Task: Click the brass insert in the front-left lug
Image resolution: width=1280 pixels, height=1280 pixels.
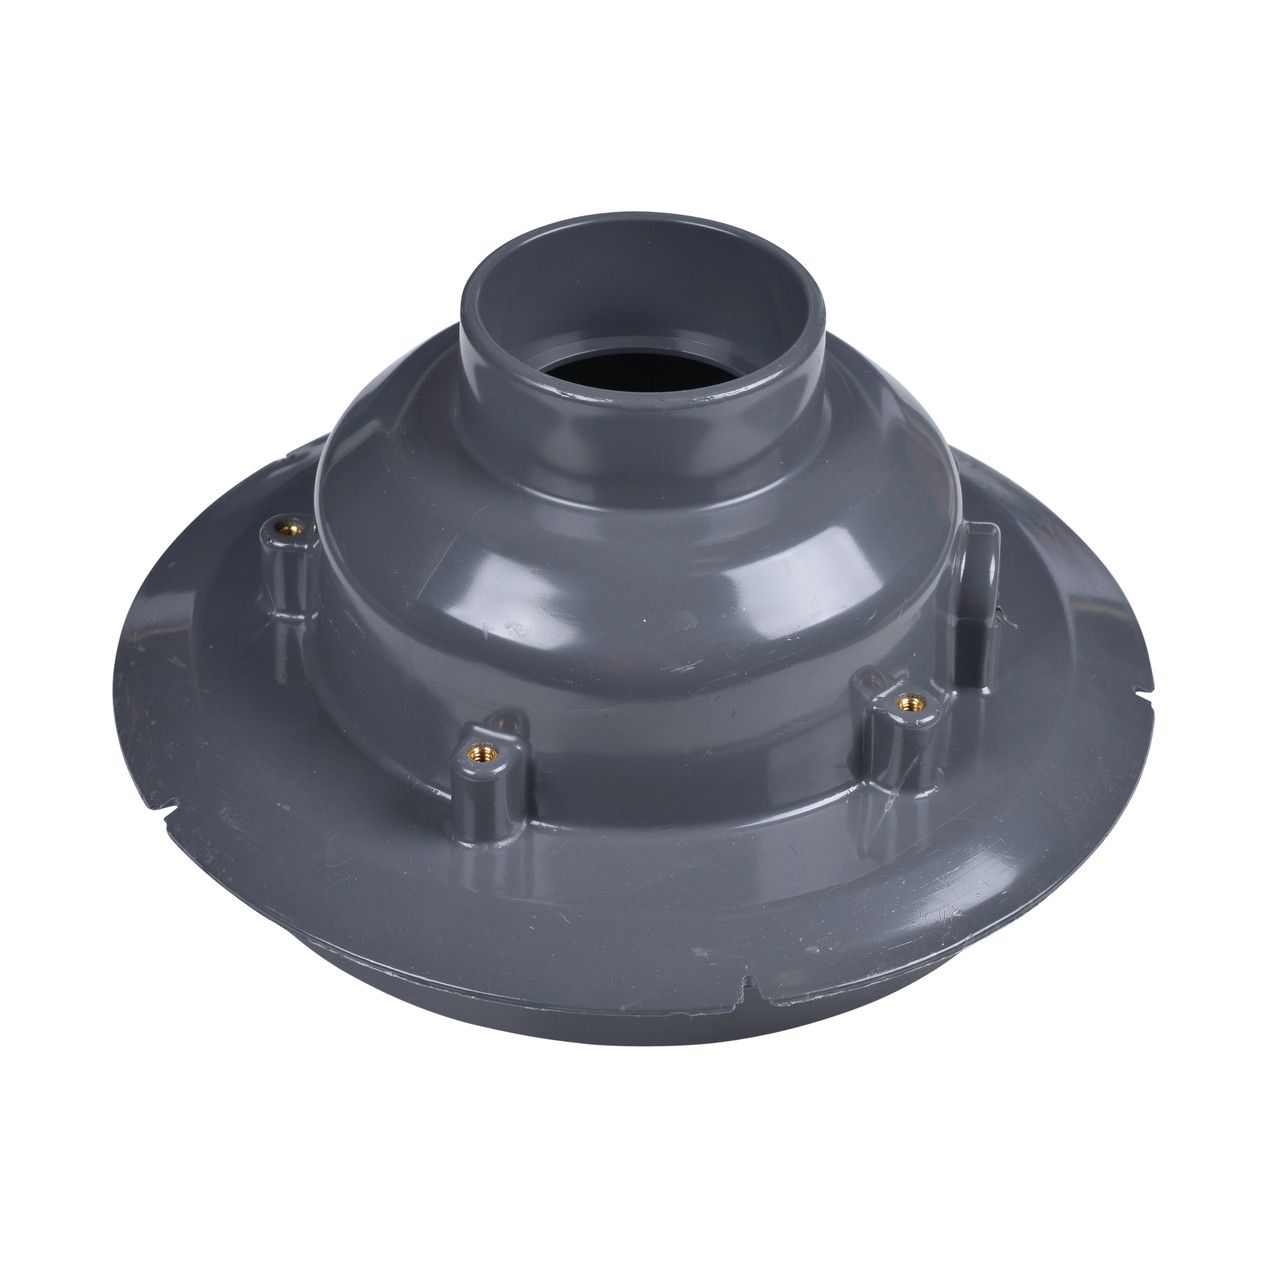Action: (476, 745)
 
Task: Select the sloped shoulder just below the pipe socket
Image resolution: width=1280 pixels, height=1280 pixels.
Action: (640, 530)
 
